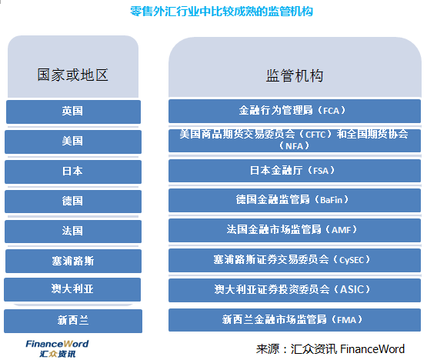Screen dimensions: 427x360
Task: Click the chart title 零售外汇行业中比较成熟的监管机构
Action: tap(221, 12)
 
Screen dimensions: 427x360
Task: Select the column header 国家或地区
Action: tap(73, 75)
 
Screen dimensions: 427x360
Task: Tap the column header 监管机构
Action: tap(295, 75)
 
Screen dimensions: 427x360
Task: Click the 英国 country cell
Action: tap(73, 112)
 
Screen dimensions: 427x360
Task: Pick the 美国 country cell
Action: tap(73, 142)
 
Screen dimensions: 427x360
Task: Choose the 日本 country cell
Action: tap(73, 172)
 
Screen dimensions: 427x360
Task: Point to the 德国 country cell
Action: tap(73, 202)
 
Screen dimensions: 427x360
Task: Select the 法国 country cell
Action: tap(73, 232)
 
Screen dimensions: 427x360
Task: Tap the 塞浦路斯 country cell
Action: tap(73, 261)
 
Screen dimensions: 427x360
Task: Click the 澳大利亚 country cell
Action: tap(72, 289)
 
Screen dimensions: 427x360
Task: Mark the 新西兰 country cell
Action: tap(73, 321)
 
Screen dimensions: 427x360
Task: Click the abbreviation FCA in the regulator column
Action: tap(331, 111)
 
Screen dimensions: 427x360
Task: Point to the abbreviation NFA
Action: tap(295, 146)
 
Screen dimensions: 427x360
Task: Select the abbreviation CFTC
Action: tap(315, 135)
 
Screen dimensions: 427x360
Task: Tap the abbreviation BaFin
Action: tap(331, 200)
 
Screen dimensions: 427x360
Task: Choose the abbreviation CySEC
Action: tap(352, 260)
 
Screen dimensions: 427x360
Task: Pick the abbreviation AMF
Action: tap(342, 230)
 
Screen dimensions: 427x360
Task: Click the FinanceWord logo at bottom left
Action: tap(57, 348)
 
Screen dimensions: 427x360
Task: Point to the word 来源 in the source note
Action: tap(268, 349)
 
